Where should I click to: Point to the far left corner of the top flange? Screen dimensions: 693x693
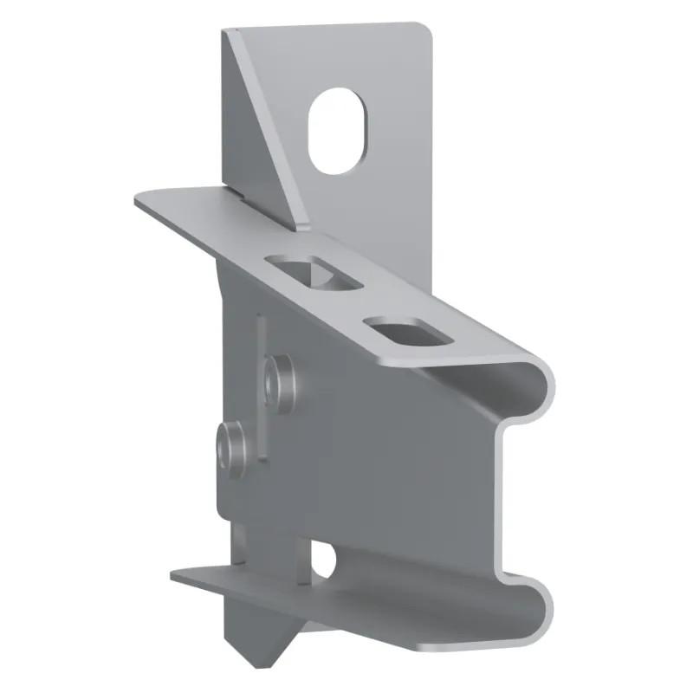[x=137, y=201]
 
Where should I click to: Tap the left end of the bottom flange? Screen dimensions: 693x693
[x=173, y=573]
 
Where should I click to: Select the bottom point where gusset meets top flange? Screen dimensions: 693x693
[x=304, y=229]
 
